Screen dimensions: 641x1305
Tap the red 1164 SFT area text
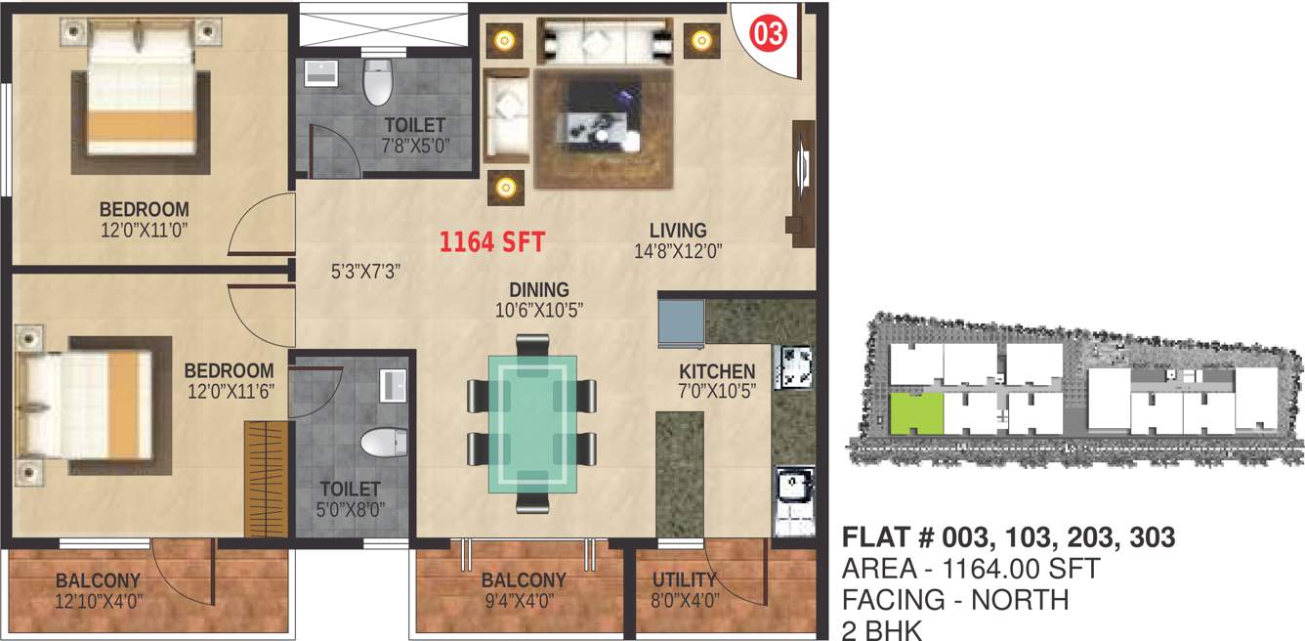(491, 240)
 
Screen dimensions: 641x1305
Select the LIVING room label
(678, 231)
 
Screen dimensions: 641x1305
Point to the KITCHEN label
(717, 371)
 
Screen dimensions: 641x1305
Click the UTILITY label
(685, 579)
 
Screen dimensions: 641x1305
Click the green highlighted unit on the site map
(916, 413)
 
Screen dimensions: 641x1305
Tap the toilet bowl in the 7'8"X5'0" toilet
(376, 83)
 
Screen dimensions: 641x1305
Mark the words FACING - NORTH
(955, 599)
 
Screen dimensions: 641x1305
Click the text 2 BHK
(881, 629)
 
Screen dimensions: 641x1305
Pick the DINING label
(539, 290)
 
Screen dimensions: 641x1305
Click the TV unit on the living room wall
(803, 176)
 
